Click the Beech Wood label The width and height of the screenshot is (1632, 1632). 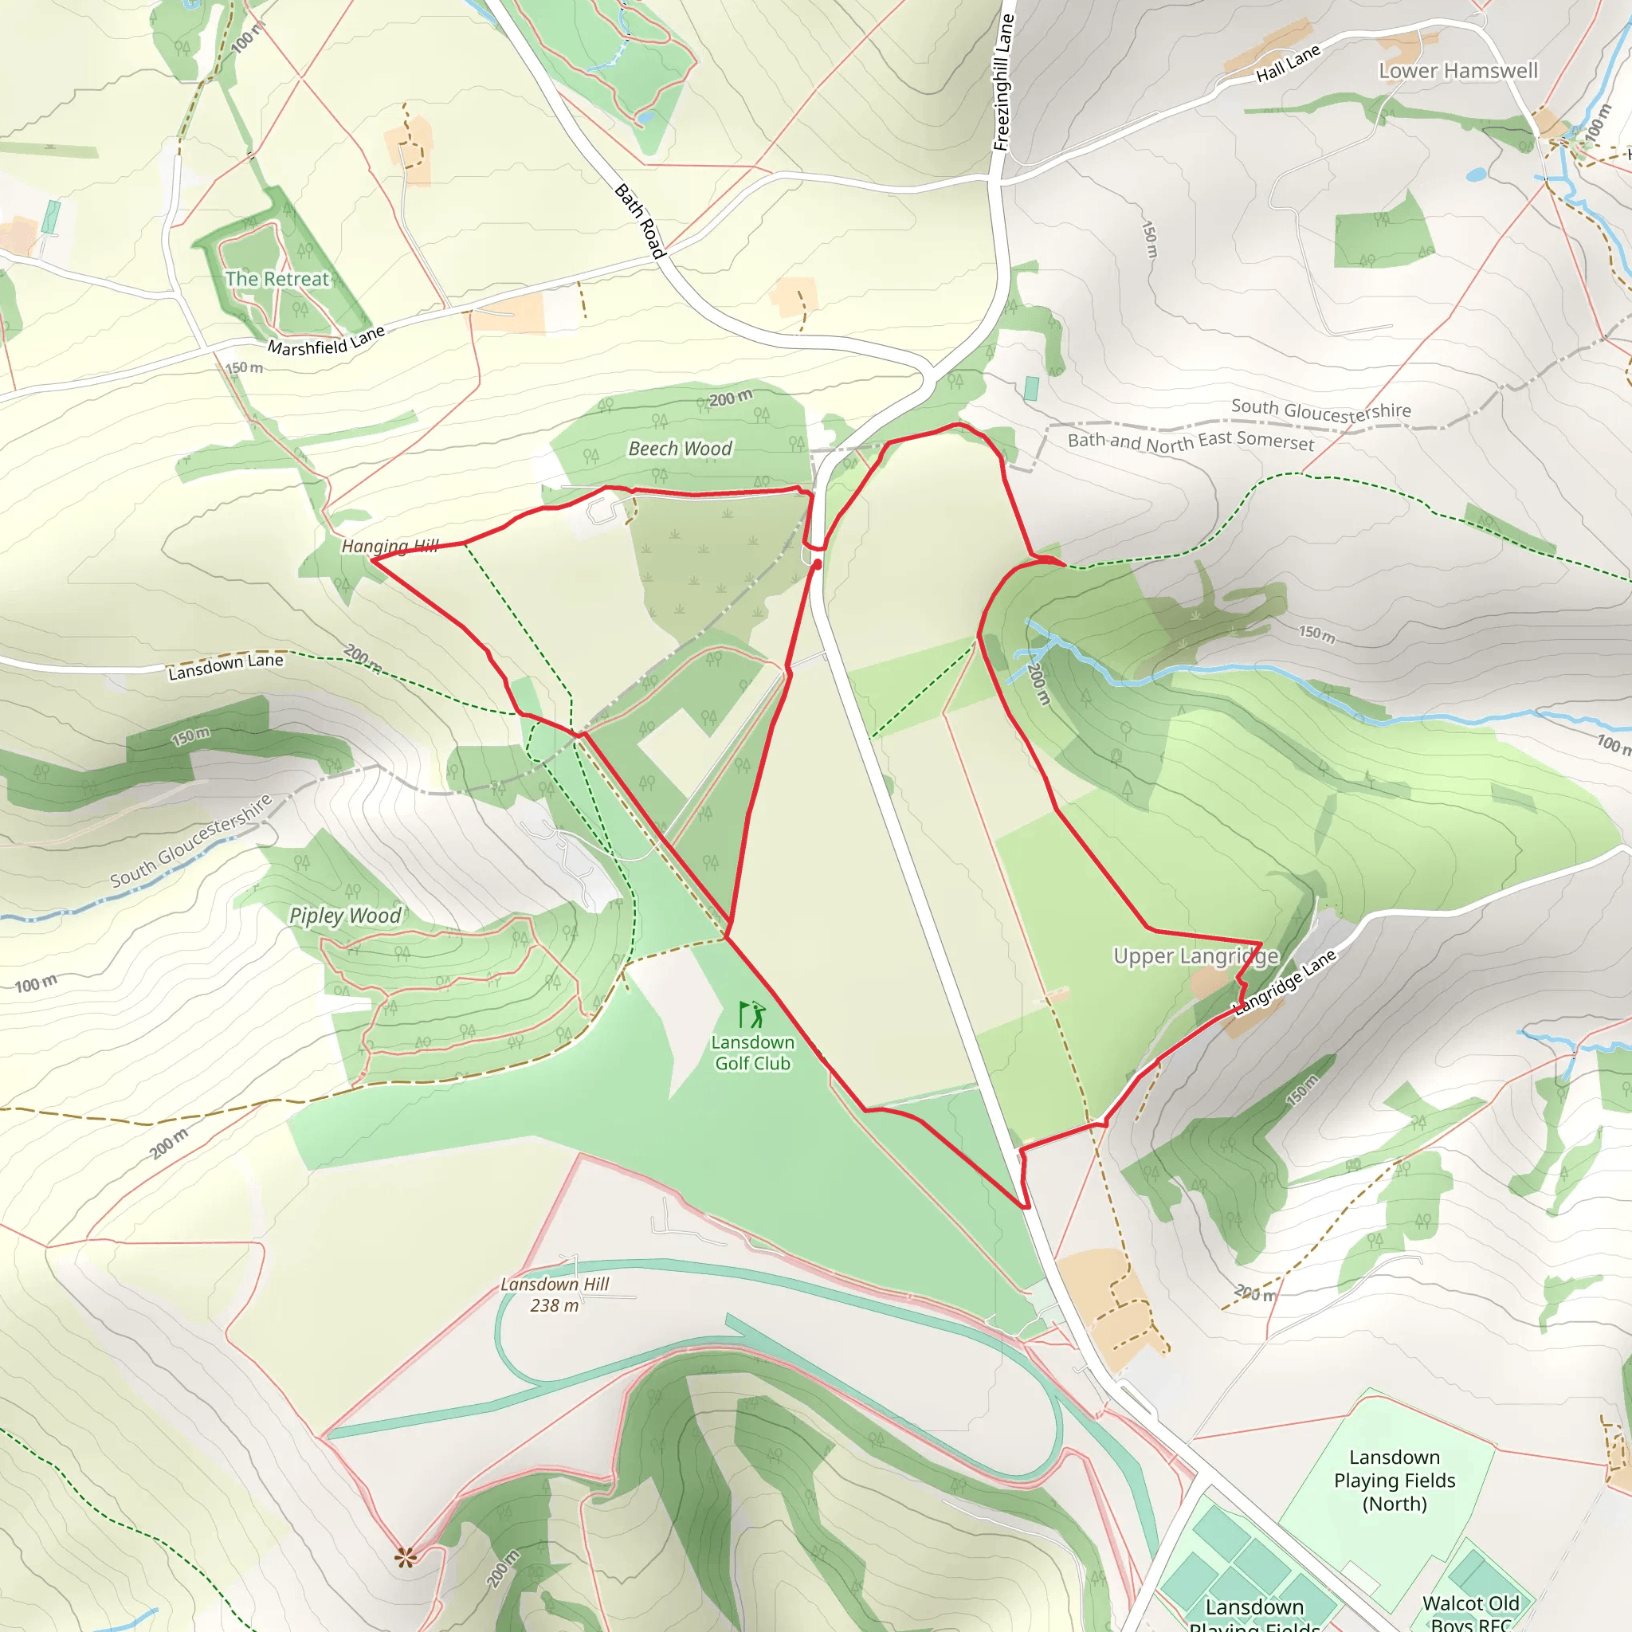point(680,449)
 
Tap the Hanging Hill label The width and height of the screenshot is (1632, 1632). point(390,547)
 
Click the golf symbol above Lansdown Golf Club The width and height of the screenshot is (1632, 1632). point(751,1014)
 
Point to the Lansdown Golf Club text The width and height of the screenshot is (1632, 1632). point(751,1053)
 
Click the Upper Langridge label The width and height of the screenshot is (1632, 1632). point(1195,956)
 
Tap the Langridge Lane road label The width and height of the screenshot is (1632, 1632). point(1285,982)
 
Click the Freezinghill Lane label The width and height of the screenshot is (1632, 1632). point(1002,83)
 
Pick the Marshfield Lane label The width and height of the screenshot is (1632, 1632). point(326,340)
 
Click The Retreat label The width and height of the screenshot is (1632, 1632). point(277,279)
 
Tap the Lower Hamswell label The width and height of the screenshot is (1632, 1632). point(1458,71)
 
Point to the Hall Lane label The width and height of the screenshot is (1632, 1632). point(1288,65)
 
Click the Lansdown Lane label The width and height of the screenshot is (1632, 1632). point(226,666)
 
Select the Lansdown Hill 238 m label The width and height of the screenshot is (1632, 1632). point(555,1294)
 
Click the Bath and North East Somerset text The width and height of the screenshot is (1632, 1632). point(1191,441)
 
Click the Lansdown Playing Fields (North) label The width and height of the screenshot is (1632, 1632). point(1395,1480)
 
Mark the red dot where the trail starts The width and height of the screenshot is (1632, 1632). point(817,563)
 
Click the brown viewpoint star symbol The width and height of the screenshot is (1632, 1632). point(406,1557)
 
